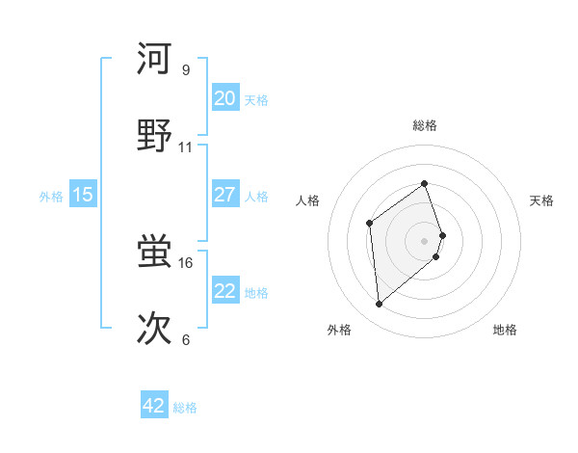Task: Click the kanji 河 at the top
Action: coord(154,59)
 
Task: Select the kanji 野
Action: coord(154,136)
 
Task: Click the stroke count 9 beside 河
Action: coord(185,70)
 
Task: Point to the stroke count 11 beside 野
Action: coord(186,147)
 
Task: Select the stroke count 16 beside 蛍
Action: coord(186,262)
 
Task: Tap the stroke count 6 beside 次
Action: coord(185,339)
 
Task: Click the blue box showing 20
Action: coord(224,98)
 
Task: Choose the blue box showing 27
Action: coord(224,195)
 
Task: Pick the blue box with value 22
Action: coord(224,291)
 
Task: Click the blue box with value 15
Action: coord(83,195)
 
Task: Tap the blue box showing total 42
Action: coord(154,406)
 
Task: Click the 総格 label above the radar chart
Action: coord(424,125)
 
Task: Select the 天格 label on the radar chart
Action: coord(541,200)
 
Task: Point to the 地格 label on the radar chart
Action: coord(505,330)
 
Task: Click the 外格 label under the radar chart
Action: coord(339,330)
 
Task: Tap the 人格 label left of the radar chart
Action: coord(308,200)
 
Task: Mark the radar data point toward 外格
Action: coord(380,305)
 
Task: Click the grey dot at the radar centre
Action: coord(424,240)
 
